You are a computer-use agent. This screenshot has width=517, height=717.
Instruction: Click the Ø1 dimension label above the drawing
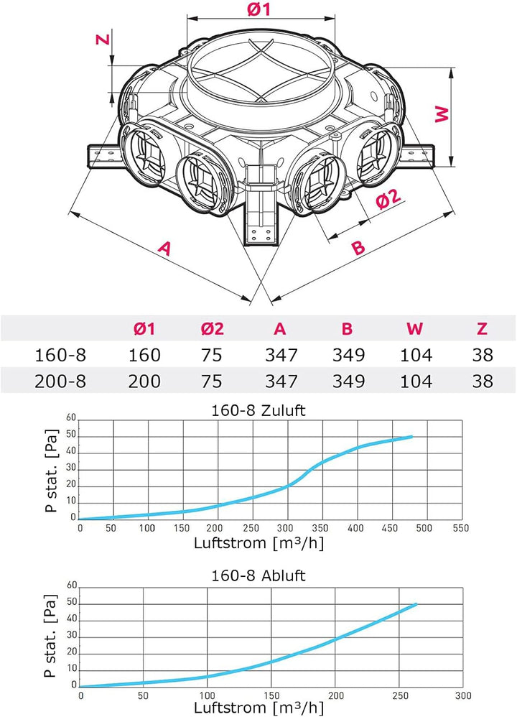click(x=259, y=9)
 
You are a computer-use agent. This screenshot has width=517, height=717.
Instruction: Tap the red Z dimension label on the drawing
click(x=103, y=39)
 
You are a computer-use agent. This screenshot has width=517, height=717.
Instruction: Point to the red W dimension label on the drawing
click(x=442, y=114)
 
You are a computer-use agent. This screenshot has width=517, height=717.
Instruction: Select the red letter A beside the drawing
click(x=164, y=248)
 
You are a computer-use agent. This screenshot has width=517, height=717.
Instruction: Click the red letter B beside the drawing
click(x=359, y=247)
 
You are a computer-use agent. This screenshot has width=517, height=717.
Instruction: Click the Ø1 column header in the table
click(x=144, y=328)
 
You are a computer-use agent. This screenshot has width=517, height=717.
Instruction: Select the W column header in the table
click(x=414, y=328)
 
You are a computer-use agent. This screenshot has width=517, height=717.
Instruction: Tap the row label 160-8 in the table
click(x=60, y=355)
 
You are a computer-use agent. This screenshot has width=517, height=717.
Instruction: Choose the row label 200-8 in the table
click(x=60, y=381)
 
